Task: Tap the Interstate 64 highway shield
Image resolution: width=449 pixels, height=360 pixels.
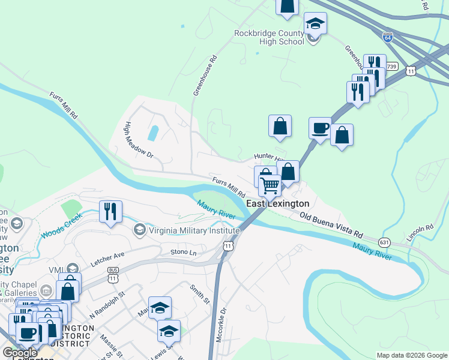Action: point(388,38)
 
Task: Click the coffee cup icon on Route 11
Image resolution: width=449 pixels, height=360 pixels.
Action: point(320,128)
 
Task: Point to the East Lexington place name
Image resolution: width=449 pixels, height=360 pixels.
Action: point(277,204)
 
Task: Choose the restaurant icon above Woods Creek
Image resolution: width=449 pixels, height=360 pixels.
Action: point(110,211)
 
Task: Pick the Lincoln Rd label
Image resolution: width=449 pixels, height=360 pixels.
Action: point(420,233)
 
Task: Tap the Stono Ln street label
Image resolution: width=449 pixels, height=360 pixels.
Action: point(183,253)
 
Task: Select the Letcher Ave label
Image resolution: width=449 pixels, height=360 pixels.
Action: point(107,259)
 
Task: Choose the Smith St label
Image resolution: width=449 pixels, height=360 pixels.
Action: point(200,295)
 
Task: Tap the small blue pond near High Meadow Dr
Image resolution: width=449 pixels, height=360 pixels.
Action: point(154,133)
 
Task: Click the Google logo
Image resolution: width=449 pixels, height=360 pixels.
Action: point(20,353)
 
